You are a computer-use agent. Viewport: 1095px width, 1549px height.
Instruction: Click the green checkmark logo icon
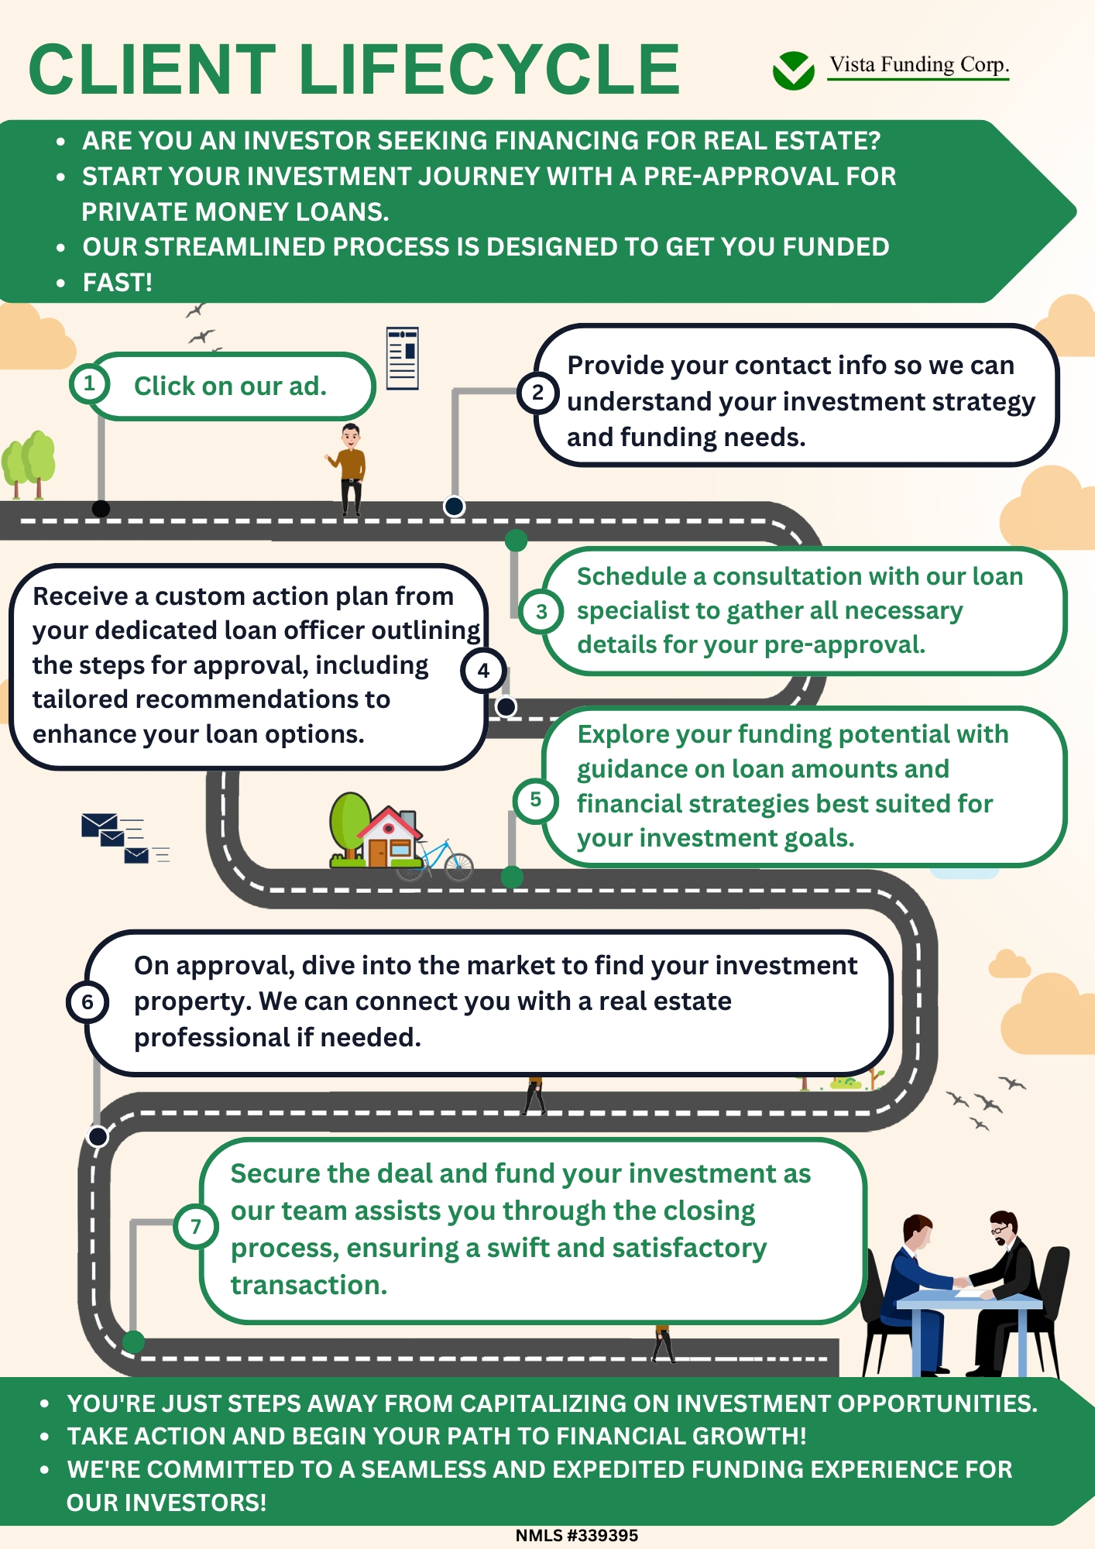(x=793, y=70)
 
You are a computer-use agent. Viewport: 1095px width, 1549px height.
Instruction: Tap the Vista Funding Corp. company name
(x=918, y=65)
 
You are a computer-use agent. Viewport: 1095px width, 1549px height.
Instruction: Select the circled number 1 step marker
(x=90, y=383)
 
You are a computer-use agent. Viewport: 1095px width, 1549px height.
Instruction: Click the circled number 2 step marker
(x=537, y=393)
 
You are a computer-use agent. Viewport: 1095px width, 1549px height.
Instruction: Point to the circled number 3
(x=541, y=612)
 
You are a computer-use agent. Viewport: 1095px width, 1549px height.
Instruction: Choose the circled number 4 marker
(x=483, y=671)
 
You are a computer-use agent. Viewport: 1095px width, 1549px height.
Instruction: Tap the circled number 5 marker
(x=535, y=799)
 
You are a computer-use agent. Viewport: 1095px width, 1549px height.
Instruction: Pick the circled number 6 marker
(x=88, y=1002)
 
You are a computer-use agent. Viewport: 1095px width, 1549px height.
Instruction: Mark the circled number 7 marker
(x=196, y=1226)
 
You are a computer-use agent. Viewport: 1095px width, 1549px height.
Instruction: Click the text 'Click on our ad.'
(x=230, y=386)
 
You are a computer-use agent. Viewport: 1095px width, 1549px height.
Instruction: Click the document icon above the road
(x=403, y=358)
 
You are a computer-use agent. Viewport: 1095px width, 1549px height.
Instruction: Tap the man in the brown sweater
(x=351, y=468)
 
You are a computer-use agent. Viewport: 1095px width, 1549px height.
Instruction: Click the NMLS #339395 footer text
(x=577, y=1535)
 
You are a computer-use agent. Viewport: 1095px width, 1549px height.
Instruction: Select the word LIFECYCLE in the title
(x=489, y=70)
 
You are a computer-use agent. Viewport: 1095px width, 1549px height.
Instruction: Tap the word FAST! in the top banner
(x=118, y=283)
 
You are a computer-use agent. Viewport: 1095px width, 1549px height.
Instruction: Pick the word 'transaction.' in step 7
(x=309, y=1285)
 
